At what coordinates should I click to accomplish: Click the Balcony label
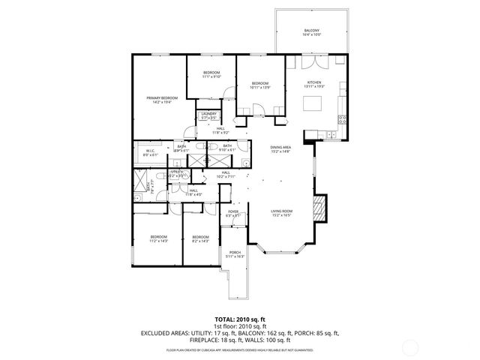point(311,31)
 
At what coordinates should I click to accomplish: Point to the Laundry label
point(208,114)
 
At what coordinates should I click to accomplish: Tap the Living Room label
point(281,211)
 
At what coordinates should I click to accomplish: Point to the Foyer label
point(233,212)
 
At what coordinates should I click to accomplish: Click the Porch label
point(235,253)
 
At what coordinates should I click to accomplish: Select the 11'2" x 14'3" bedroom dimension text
point(158,241)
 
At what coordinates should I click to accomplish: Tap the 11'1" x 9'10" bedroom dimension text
point(211,76)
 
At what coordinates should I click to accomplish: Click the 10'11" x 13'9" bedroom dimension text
point(259,88)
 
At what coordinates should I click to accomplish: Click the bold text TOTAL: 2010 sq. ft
point(239,319)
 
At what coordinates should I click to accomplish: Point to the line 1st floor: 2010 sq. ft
point(239,326)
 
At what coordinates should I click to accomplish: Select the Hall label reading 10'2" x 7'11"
point(226,177)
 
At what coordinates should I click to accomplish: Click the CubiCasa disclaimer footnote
point(239,349)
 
